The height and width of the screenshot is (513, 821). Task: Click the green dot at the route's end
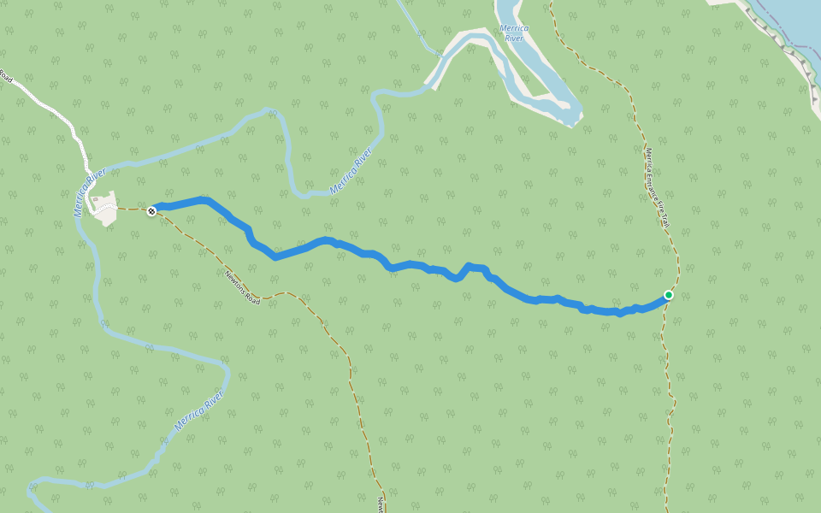[x=669, y=295]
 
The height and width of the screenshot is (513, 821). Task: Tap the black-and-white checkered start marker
[x=151, y=210]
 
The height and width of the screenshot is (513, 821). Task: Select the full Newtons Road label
[x=242, y=287]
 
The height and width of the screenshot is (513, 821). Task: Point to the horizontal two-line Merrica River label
[x=513, y=33]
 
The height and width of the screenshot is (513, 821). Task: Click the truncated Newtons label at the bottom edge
[x=380, y=504]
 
